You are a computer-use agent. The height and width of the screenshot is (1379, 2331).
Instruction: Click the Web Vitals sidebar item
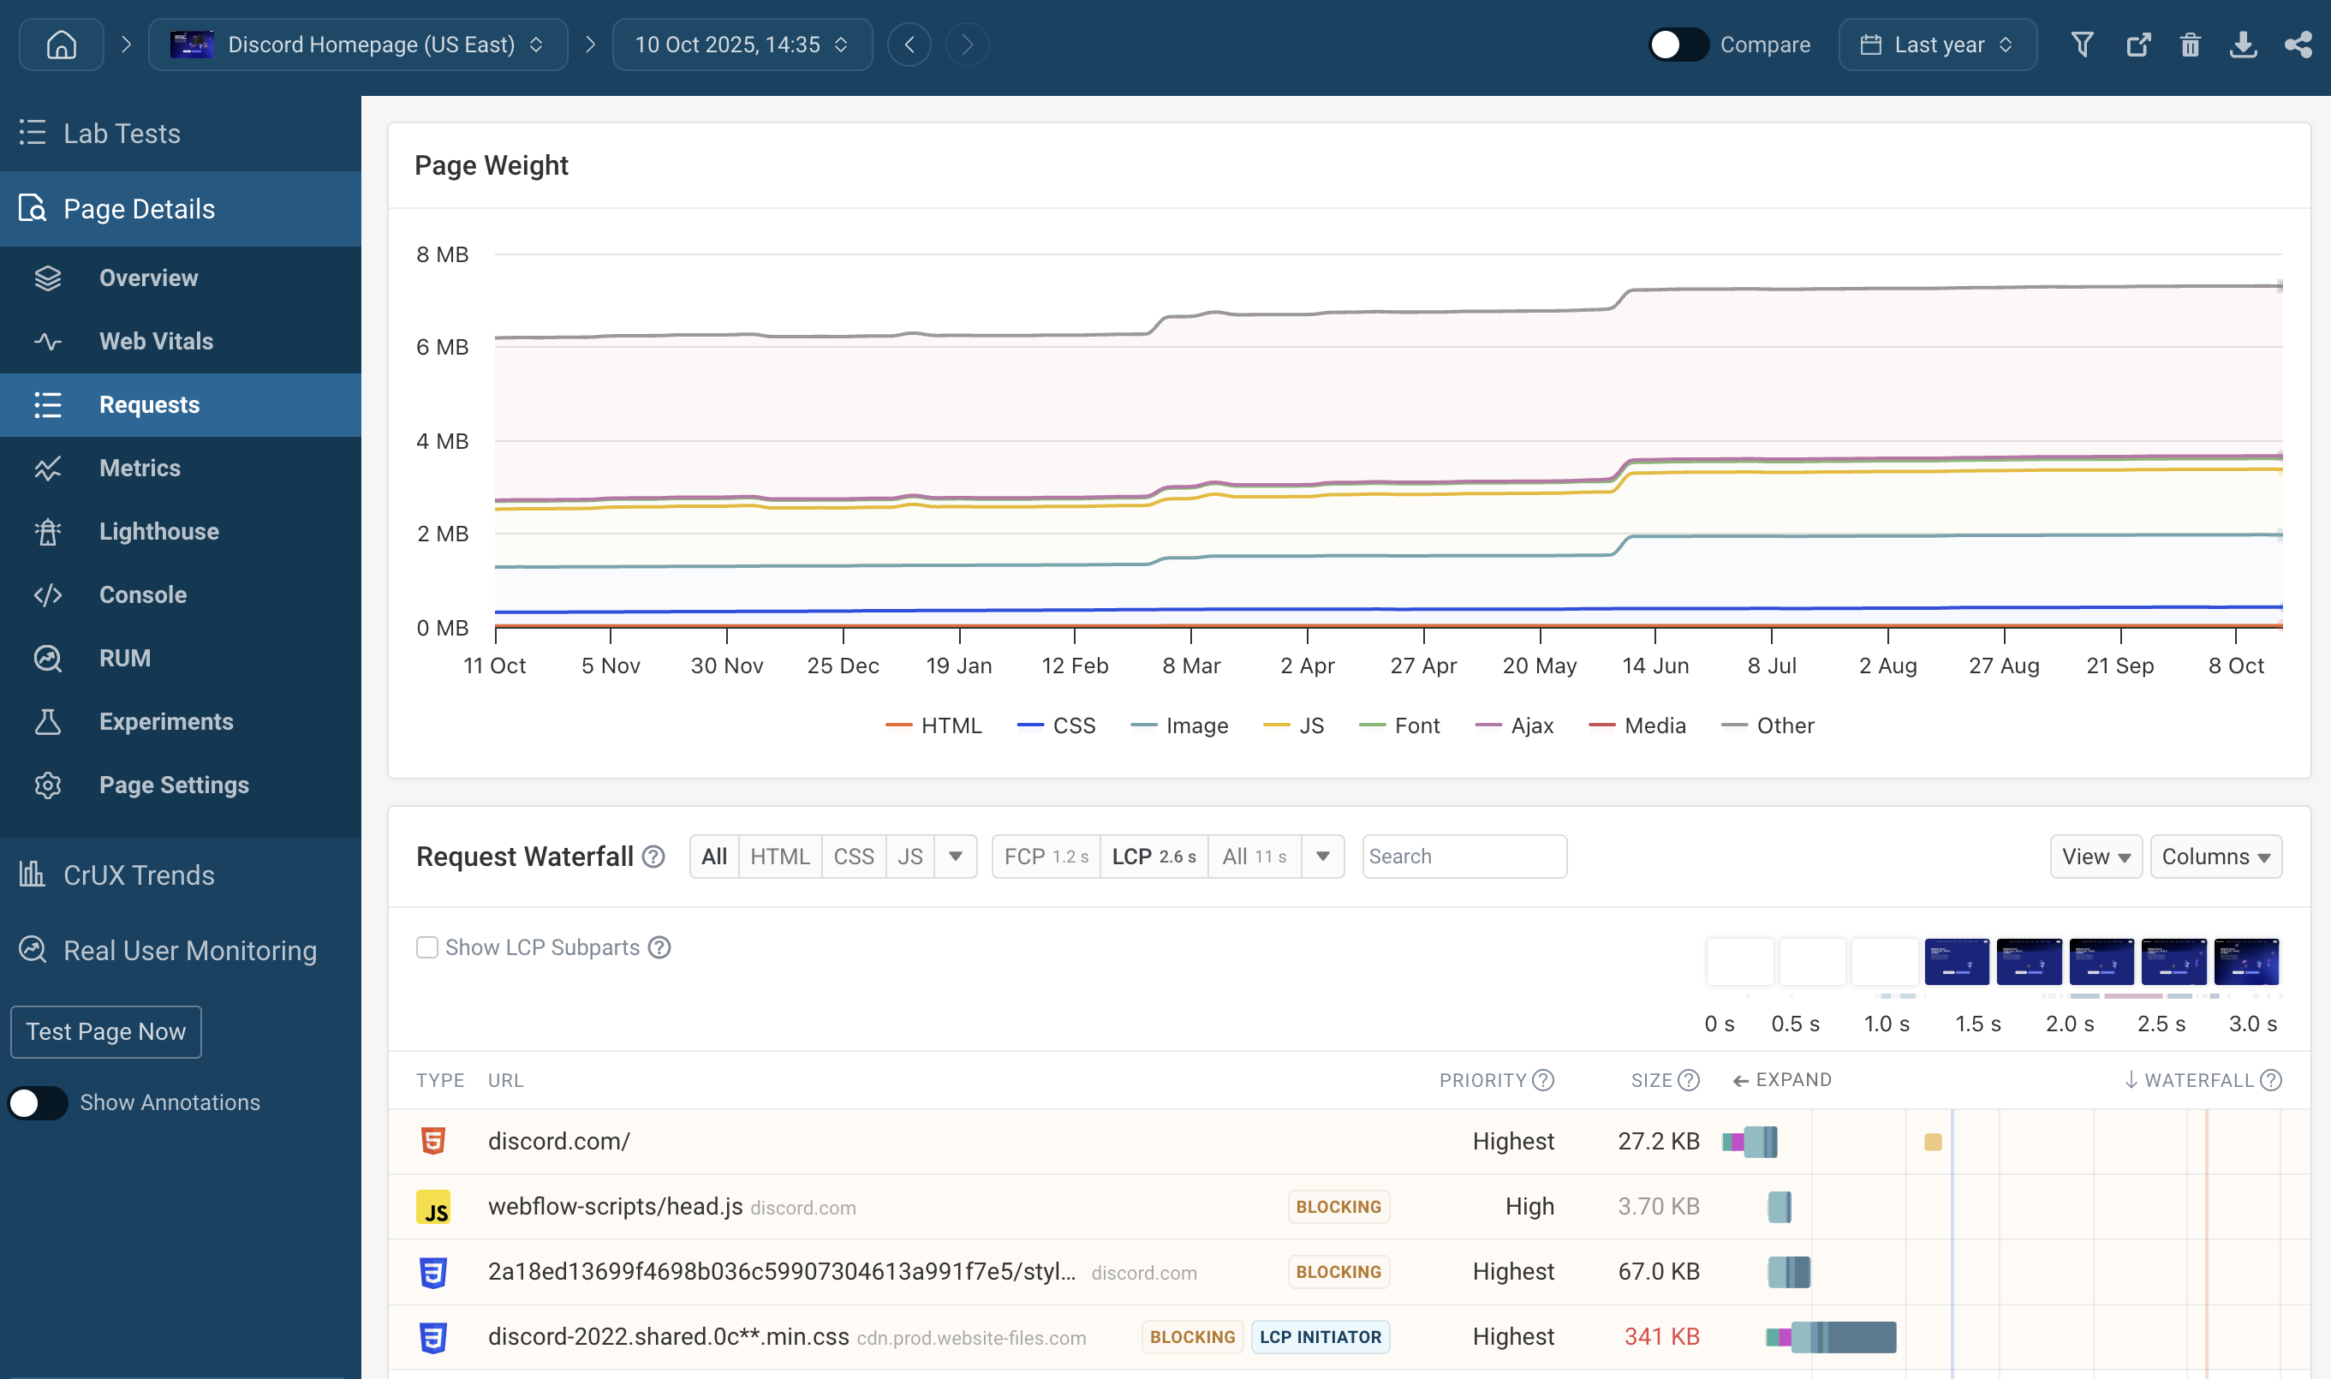point(156,341)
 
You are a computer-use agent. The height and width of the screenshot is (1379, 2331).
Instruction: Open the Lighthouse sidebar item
point(159,532)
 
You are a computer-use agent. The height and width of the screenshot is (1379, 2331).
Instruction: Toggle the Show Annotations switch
point(38,1103)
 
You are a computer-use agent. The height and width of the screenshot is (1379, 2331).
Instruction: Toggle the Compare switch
point(1677,45)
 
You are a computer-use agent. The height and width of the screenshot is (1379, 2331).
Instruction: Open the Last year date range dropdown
point(1937,45)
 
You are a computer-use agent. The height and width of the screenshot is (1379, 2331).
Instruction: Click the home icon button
point(62,45)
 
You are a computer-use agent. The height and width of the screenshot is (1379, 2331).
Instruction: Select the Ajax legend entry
point(1515,725)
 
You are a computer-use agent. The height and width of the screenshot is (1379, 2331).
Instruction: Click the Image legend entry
point(1180,725)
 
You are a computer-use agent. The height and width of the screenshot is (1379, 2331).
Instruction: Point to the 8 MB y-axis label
point(442,254)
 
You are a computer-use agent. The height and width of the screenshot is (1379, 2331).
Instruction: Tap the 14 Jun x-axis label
point(1654,666)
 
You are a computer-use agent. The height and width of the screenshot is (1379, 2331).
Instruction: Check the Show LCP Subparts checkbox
point(427,948)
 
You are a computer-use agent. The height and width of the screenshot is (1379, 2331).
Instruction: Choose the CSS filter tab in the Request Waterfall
point(853,857)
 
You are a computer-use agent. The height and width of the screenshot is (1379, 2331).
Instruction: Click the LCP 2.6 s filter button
point(1153,857)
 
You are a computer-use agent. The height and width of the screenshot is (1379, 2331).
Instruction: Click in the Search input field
point(1464,857)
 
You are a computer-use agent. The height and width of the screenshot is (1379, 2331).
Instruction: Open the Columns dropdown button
point(2215,857)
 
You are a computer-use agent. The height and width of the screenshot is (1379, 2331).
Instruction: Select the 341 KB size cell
point(1661,1337)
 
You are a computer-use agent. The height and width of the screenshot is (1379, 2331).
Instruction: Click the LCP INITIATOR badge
point(1320,1337)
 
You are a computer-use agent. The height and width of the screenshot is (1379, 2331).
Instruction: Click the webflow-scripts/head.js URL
point(615,1206)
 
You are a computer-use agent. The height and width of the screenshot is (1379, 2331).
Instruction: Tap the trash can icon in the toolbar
point(2190,45)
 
